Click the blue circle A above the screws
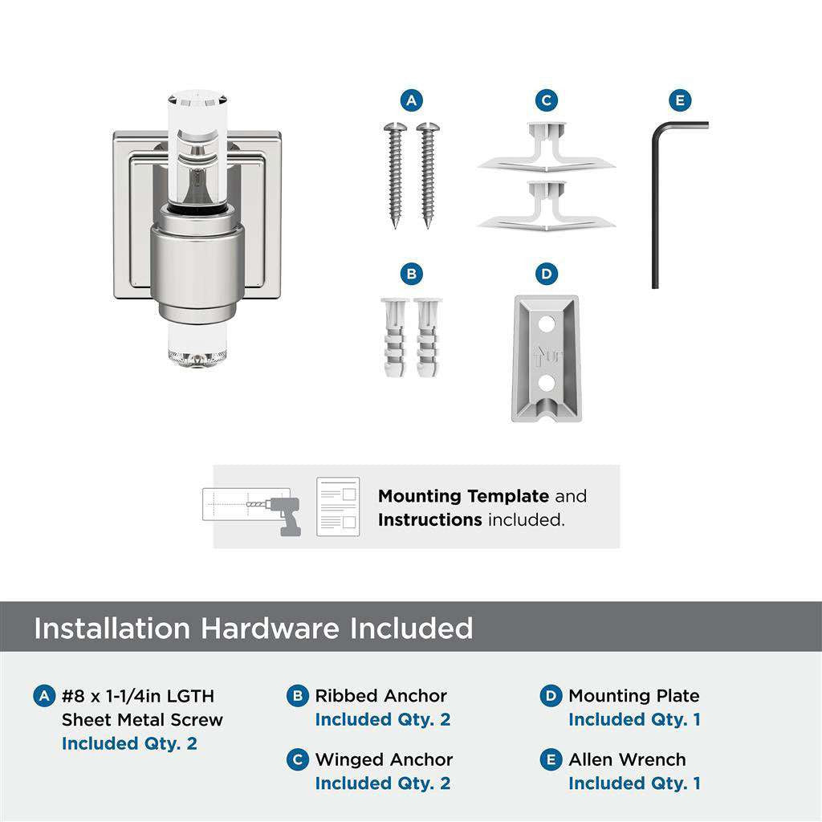(x=411, y=100)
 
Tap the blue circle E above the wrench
(x=680, y=100)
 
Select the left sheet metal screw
(x=395, y=173)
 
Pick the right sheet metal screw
(x=426, y=173)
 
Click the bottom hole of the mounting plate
(x=546, y=384)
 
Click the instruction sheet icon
(x=337, y=507)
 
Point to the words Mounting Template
(x=463, y=496)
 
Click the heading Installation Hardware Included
(x=253, y=628)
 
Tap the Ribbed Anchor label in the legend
(x=380, y=696)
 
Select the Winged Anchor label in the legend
(x=384, y=759)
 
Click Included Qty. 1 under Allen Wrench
(x=634, y=783)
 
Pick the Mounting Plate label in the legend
(x=633, y=696)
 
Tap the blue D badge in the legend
(x=551, y=696)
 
